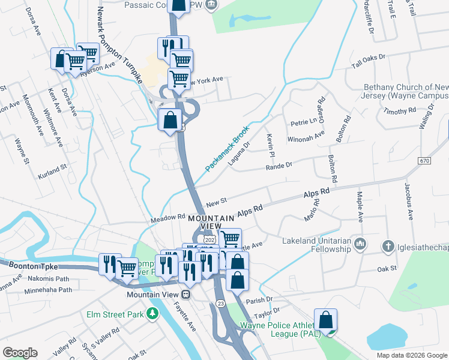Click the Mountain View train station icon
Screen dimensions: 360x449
click(x=187, y=295)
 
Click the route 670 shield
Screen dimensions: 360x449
click(x=425, y=161)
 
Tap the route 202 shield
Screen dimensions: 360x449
click(x=209, y=239)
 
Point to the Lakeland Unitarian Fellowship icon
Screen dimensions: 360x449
click(x=360, y=244)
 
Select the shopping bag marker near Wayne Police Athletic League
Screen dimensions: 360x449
click(x=325, y=320)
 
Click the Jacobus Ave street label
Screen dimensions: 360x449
click(x=410, y=204)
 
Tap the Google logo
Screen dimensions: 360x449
click(x=20, y=353)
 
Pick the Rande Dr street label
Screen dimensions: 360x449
click(x=279, y=165)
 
